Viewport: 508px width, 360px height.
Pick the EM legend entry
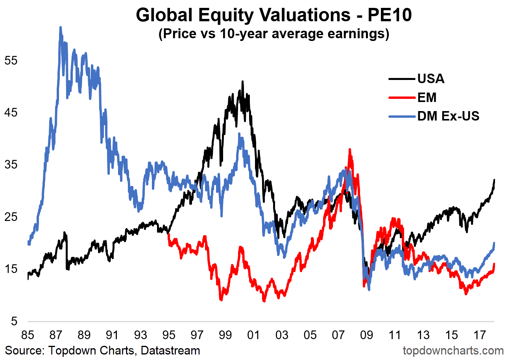[427, 97]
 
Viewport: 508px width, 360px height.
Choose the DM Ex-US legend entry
[448, 116]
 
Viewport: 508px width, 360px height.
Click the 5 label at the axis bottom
[14, 322]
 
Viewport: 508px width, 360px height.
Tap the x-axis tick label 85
[28, 336]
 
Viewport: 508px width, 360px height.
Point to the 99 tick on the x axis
[225, 336]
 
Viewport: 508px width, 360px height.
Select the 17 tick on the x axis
[479, 336]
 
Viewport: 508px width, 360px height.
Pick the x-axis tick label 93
[140, 336]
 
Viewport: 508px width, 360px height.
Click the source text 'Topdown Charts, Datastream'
[102, 350]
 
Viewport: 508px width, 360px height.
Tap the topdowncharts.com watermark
[453, 350]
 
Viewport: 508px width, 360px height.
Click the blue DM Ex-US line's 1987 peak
[60, 27]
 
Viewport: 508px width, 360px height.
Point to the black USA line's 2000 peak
[242, 82]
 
